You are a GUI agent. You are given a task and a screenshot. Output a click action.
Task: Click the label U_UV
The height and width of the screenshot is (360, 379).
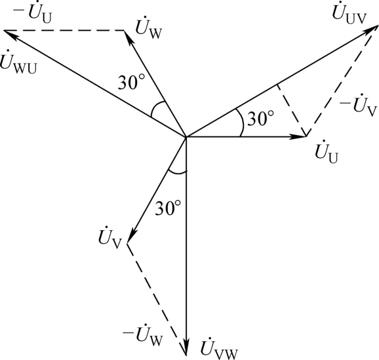[x=349, y=14]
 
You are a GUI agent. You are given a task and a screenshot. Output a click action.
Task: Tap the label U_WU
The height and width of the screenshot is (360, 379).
[x=18, y=62]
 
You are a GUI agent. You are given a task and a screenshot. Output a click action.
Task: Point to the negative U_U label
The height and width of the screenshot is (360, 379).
[x=32, y=14]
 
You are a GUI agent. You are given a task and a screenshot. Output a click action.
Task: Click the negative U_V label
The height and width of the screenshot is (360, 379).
[x=358, y=105]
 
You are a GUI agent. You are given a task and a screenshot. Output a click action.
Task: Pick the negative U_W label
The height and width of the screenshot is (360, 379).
[x=142, y=334]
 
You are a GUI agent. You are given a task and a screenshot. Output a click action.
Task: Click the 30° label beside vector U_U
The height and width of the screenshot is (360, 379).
[x=261, y=119]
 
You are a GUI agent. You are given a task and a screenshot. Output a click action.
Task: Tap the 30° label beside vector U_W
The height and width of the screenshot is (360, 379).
[x=131, y=82]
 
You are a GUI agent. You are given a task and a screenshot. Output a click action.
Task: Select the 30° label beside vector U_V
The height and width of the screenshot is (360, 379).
[x=168, y=208]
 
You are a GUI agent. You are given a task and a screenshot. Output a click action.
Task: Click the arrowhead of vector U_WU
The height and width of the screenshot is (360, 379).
[x=11, y=35]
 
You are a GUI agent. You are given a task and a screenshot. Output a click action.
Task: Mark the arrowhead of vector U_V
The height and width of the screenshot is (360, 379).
[x=131, y=235]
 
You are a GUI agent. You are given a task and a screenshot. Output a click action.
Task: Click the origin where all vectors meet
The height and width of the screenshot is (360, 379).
[x=186, y=137]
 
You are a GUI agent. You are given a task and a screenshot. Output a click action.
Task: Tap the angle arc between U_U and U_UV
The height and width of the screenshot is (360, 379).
[x=242, y=122]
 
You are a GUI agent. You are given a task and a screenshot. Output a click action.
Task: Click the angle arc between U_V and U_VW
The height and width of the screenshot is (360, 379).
[x=177, y=172]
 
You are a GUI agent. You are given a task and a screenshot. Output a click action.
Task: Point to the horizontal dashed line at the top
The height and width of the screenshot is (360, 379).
[x=64, y=30]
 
